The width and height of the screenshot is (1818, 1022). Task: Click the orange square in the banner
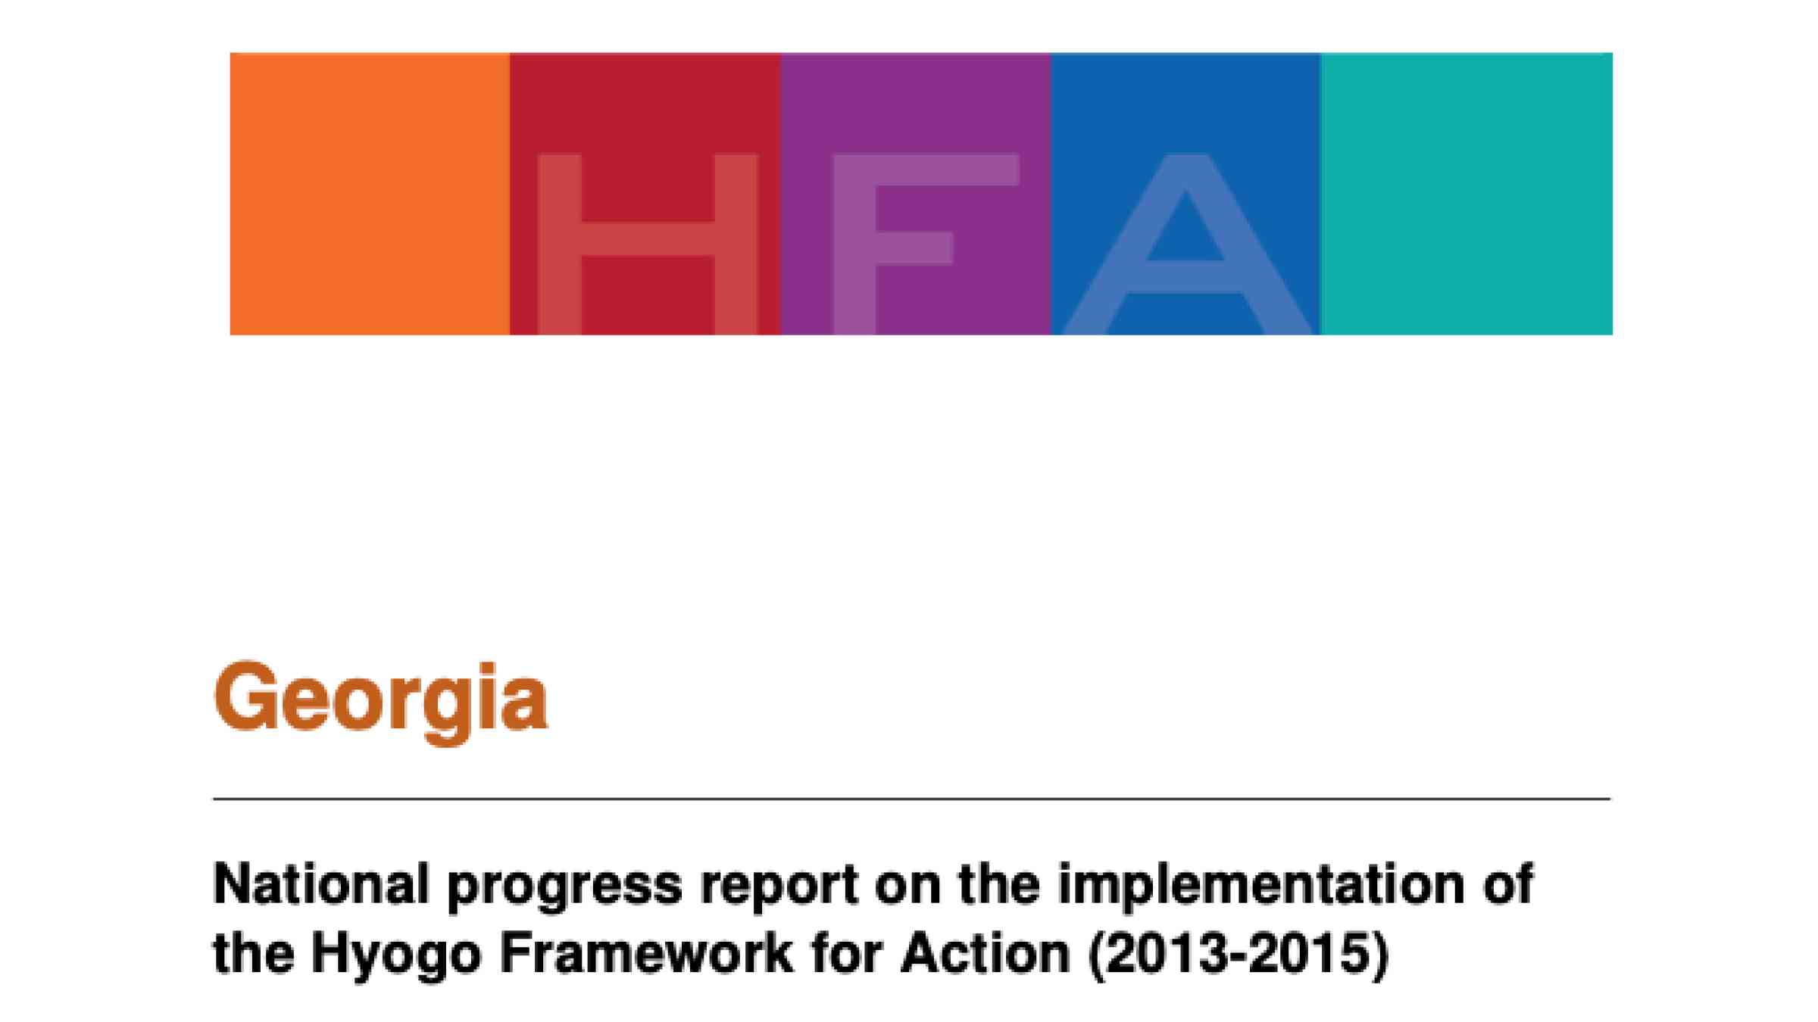370,194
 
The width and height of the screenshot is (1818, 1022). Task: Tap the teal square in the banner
1467,194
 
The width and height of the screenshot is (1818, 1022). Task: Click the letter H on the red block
647,244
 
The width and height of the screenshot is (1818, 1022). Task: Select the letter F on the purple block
926,244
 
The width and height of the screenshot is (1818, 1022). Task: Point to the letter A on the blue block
1186,244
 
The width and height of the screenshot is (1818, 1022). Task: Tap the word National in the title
322,884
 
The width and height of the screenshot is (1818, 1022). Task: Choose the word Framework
646,952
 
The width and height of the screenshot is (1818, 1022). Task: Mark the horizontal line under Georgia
912,799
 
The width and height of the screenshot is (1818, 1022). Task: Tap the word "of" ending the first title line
1508,884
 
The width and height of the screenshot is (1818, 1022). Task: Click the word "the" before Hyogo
254,952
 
